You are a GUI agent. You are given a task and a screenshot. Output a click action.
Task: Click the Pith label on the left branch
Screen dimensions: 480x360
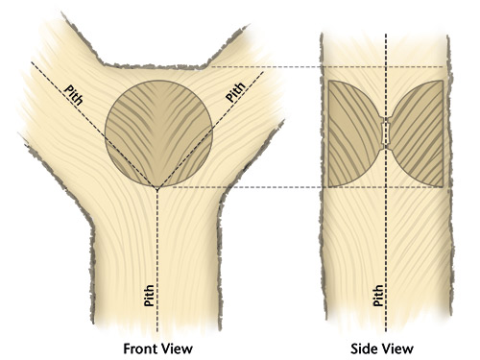pyautogui.click(x=75, y=97)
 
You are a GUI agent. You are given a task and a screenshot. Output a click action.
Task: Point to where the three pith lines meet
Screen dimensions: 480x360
pyautogui.click(x=158, y=187)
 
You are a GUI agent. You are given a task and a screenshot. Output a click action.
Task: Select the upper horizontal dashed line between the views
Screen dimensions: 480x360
pyautogui.click(x=278, y=67)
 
